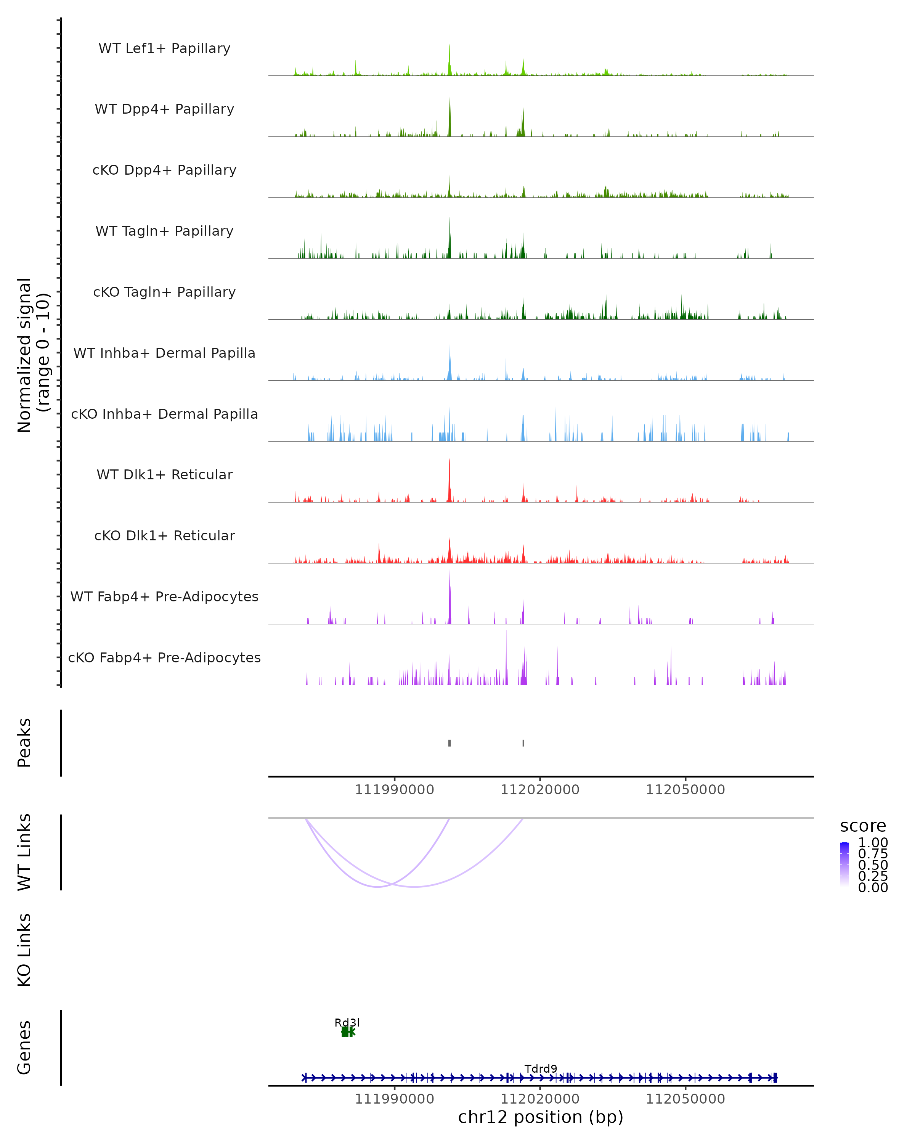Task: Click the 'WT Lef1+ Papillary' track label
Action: pos(164,48)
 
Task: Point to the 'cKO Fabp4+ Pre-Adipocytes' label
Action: pos(164,657)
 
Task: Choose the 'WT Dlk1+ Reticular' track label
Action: pos(164,474)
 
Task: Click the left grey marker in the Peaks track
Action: pos(449,743)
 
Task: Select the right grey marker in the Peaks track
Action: pos(523,743)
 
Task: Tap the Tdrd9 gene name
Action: pos(541,1068)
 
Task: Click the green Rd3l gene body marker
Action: pos(346,1032)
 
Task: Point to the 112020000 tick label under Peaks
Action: pos(540,790)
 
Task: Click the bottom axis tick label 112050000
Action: pos(685,1099)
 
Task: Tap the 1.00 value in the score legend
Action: pos(873,843)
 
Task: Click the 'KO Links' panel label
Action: pos(24,950)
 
